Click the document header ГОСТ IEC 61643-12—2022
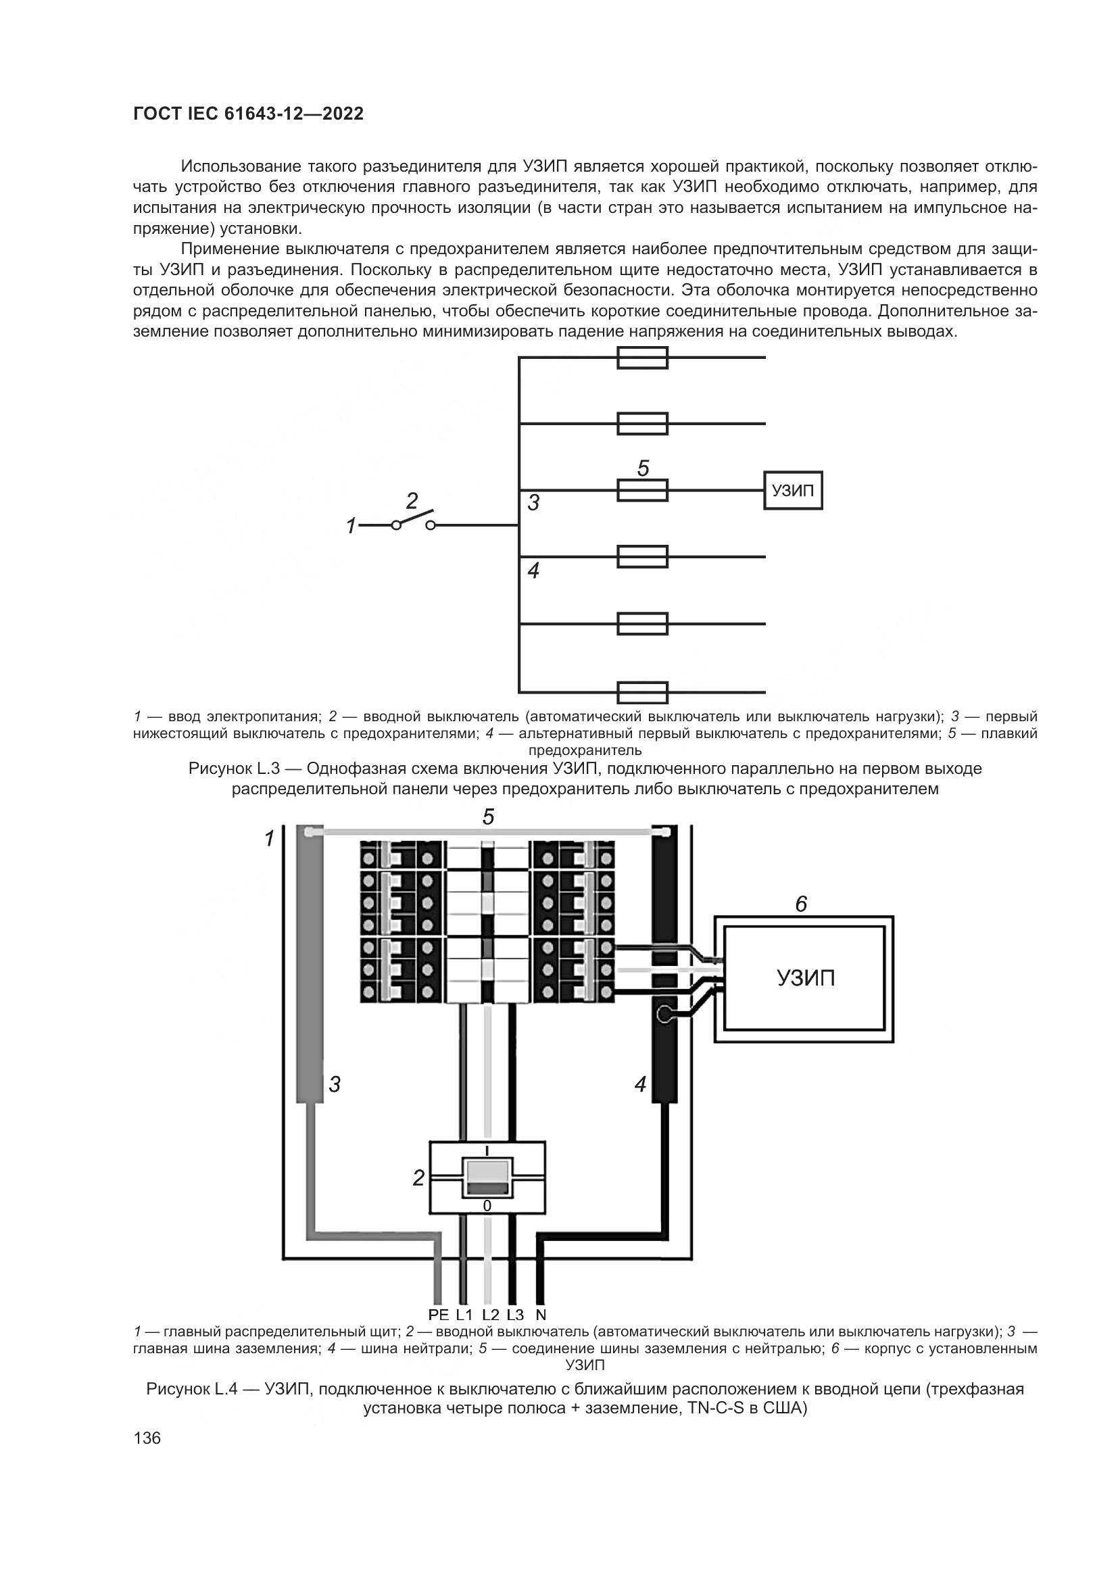[248, 114]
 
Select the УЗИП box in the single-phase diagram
[793, 491]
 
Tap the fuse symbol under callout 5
[641, 491]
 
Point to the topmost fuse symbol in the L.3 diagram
[641, 358]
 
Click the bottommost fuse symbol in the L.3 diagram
[641, 691]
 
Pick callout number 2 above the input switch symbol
[412, 502]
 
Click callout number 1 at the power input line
[351, 527]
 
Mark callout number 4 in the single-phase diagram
[533, 571]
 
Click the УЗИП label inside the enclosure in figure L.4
[806, 978]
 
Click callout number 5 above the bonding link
[488, 817]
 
